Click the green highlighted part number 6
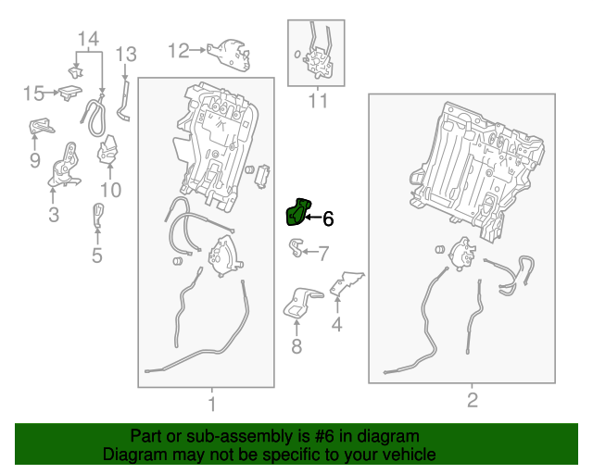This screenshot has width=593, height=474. click(297, 212)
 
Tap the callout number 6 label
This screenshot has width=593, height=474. click(328, 218)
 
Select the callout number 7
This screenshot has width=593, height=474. click(323, 254)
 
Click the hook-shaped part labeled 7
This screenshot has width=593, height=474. click(296, 247)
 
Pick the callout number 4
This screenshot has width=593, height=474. click(336, 325)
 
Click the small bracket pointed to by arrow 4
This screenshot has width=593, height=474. click(345, 283)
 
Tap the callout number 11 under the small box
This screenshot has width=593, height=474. click(318, 101)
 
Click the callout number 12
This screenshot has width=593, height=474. click(178, 50)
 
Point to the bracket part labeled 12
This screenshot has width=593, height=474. click(229, 54)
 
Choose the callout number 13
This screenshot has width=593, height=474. click(126, 54)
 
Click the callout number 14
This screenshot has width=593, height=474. click(89, 39)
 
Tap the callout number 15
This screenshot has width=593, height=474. click(33, 93)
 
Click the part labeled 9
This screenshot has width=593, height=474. click(41, 126)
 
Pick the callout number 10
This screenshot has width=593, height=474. click(110, 190)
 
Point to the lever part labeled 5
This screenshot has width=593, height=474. click(98, 216)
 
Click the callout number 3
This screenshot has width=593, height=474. click(54, 215)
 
